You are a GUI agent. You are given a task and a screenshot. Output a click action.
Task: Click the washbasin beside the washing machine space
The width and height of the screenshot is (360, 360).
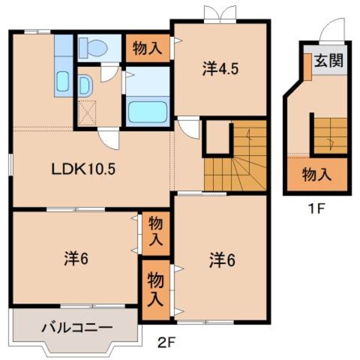pyautogui.click(x=85, y=84)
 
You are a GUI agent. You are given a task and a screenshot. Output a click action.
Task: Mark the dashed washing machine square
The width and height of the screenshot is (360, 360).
pyautogui.click(x=87, y=112)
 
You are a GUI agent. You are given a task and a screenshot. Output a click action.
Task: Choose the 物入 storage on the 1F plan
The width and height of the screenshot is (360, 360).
pyautogui.click(x=316, y=175)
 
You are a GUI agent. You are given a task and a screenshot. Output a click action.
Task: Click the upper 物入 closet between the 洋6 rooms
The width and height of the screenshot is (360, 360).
pyautogui.click(x=155, y=233)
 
